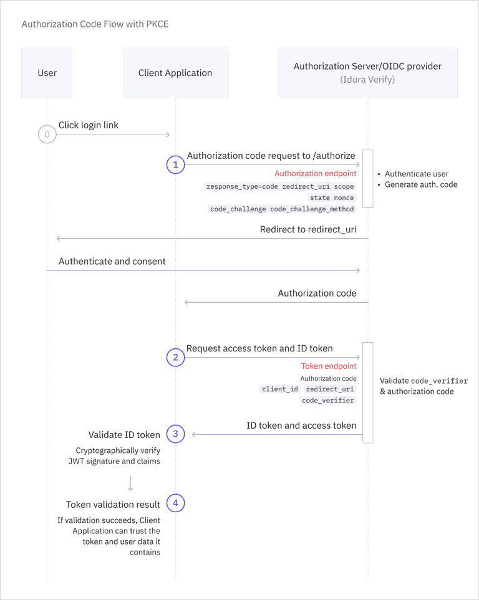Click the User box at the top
[x=47, y=73]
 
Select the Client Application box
[x=175, y=73]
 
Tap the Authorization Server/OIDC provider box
[x=367, y=72]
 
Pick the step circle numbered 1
[x=176, y=165]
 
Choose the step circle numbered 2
[x=176, y=358]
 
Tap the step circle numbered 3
[x=176, y=434]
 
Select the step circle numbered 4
[x=176, y=504]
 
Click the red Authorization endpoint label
[x=316, y=174]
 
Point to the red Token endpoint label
[x=329, y=366]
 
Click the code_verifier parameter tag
[x=328, y=401]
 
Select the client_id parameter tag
[x=280, y=389]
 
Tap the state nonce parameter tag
[x=332, y=198]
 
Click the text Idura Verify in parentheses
[x=367, y=80]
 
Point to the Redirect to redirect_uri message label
[x=308, y=229]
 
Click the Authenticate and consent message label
[x=112, y=261]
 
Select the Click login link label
[x=89, y=125]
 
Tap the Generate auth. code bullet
[x=420, y=185]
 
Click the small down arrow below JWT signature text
[x=130, y=483]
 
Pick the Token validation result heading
[x=114, y=504]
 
